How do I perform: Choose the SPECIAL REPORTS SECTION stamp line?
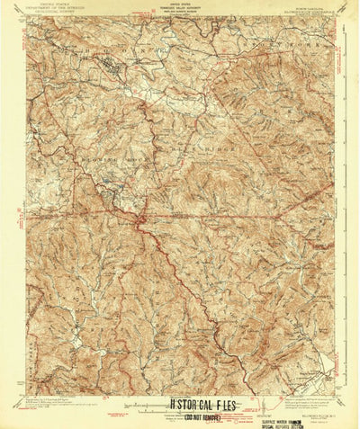pyautogui.click(x=288, y=418)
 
